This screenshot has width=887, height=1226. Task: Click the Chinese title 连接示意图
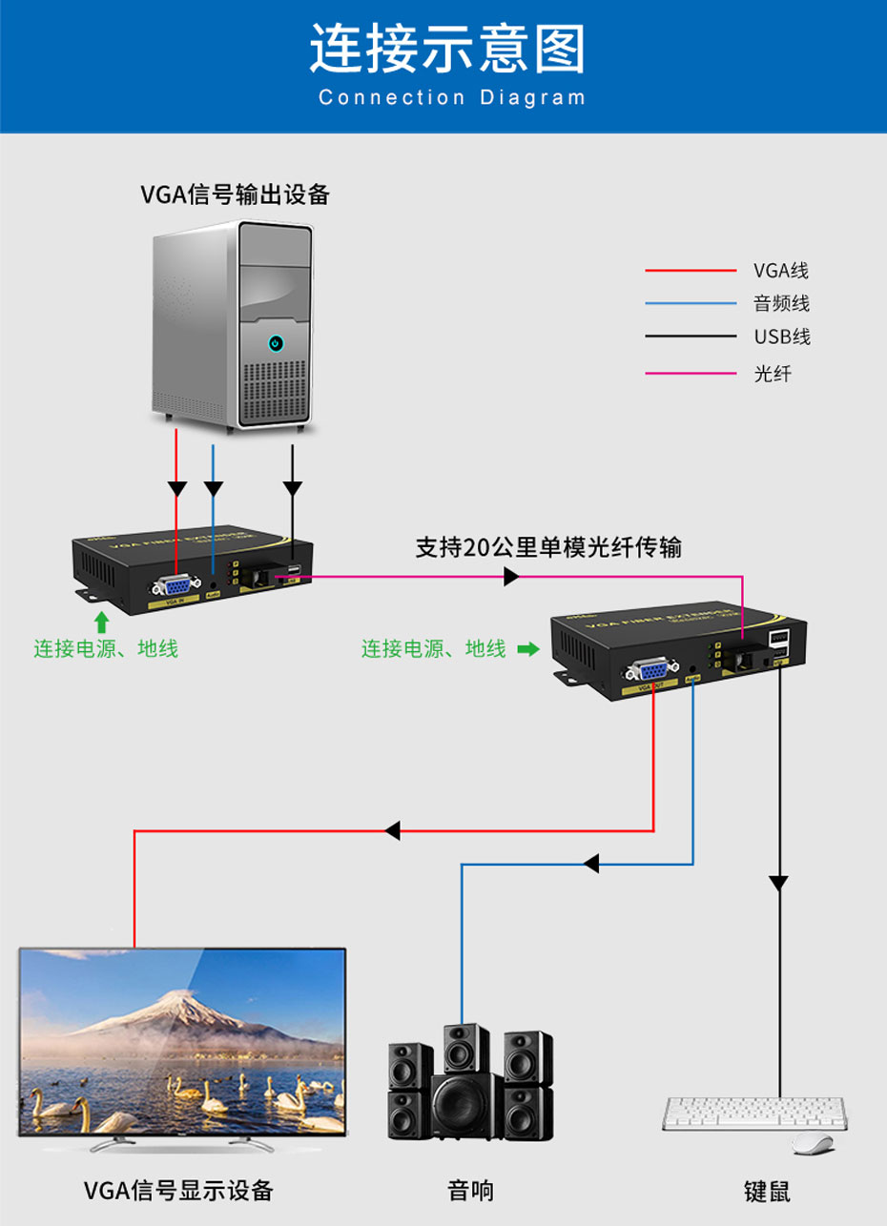click(x=446, y=50)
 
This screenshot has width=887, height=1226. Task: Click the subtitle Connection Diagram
click(x=452, y=97)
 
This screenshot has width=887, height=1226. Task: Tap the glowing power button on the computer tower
click(x=276, y=342)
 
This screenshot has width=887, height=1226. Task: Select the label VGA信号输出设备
click(x=236, y=194)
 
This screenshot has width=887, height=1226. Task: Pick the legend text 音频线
click(x=781, y=304)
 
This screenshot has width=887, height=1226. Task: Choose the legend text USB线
click(x=781, y=337)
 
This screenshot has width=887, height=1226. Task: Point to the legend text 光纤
click(x=773, y=373)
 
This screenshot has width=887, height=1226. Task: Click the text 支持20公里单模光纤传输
click(x=548, y=547)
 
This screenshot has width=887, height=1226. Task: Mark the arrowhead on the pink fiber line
click(x=511, y=577)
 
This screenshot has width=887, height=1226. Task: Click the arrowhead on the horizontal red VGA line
click(x=392, y=830)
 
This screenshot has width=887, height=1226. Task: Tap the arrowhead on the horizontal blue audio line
click(x=591, y=865)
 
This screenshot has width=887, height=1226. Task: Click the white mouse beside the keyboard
click(x=813, y=1143)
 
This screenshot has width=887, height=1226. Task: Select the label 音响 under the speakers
click(x=471, y=1191)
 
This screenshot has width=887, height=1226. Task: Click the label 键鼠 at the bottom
click(x=767, y=1192)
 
